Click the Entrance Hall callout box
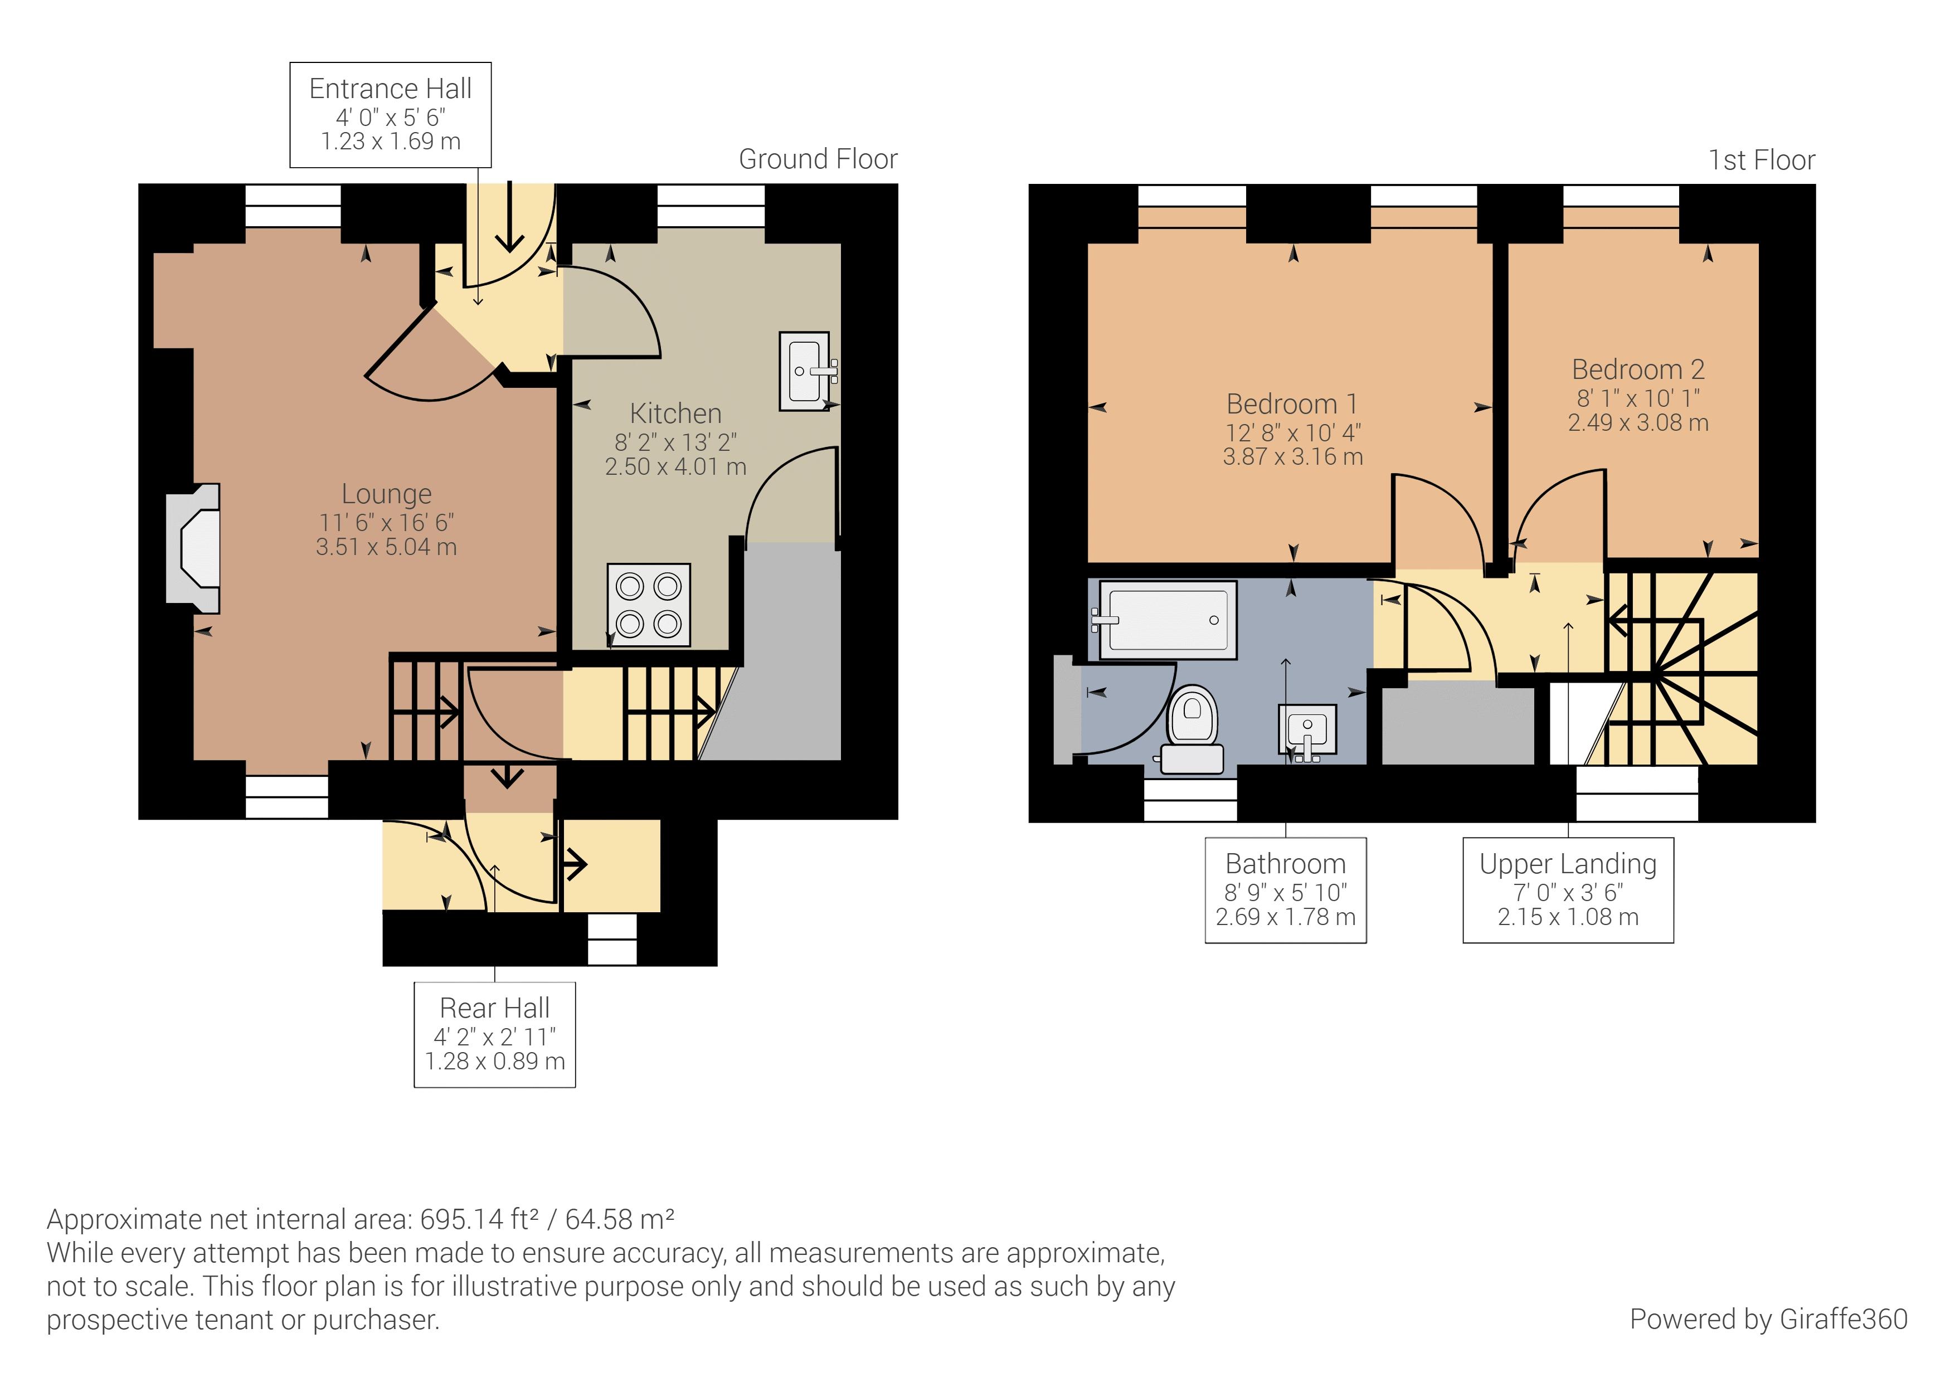point(391,114)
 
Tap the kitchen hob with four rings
point(649,605)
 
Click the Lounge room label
point(387,494)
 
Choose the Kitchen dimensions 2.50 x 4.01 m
point(676,466)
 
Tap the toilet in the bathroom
point(1192,730)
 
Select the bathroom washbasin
point(1307,731)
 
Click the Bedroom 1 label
point(1292,403)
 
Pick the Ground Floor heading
point(818,159)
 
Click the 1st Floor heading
point(1762,160)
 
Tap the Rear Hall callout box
point(495,1035)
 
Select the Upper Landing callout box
point(1568,890)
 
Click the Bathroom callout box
point(1286,890)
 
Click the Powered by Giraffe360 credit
point(1768,1319)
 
